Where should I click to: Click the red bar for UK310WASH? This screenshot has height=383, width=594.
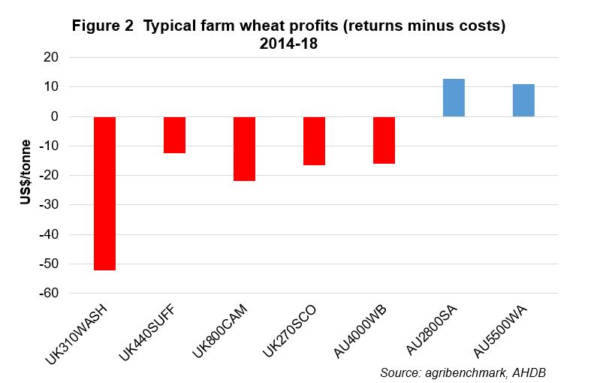pyautogui.click(x=104, y=193)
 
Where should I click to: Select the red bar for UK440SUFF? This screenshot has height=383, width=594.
pyautogui.click(x=174, y=135)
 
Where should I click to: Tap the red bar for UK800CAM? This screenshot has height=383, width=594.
pyautogui.click(x=244, y=149)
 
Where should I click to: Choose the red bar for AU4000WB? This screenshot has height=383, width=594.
pyautogui.click(x=384, y=140)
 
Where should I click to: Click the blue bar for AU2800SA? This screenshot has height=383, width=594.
pyautogui.click(x=454, y=98)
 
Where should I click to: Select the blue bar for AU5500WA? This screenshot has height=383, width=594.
pyautogui.click(x=523, y=100)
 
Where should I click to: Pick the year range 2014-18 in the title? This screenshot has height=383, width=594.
pyautogui.click(x=289, y=44)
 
